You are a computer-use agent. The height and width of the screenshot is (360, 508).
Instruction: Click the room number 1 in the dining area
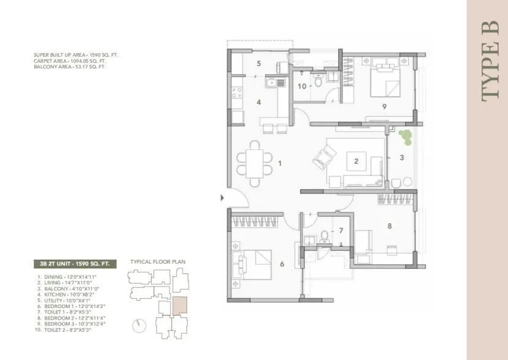pyautogui.click(x=279, y=163)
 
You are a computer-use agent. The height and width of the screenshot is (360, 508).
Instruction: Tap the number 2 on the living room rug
pyautogui.click(x=356, y=162)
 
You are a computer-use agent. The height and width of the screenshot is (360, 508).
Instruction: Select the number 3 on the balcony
pyautogui.click(x=402, y=158)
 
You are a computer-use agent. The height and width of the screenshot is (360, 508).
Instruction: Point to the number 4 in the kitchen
pyautogui.click(x=259, y=102)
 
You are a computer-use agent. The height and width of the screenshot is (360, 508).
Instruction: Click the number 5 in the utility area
pyautogui.click(x=259, y=64)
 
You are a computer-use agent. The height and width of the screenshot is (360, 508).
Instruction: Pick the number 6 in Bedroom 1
pyautogui.click(x=282, y=264)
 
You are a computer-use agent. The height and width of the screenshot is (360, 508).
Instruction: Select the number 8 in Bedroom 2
pyautogui.click(x=389, y=226)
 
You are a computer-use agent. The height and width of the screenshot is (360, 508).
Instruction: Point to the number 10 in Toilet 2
pyautogui.click(x=301, y=86)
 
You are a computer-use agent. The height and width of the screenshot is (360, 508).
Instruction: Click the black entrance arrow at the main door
pyautogui.click(x=223, y=197)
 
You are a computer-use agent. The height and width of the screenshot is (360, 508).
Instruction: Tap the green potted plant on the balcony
pyautogui.click(x=404, y=136)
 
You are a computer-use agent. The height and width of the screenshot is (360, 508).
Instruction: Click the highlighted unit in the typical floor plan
pyautogui.click(x=179, y=305)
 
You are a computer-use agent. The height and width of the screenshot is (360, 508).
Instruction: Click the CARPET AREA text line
pyautogui.click(x=70, y=61)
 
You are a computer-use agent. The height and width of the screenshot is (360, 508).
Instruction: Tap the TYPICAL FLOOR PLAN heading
pyautogui.click(x=157, y=261)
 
